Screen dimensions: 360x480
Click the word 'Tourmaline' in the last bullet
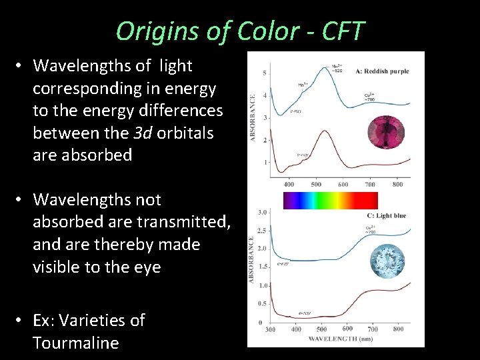click(x=75, y=343)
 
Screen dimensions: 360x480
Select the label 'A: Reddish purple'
click(x=382, y=71)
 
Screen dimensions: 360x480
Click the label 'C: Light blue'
click(x=386, y=215)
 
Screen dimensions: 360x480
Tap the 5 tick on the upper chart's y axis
click(x=265, y=72)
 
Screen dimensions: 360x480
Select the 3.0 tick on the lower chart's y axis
click(x=263, y=212)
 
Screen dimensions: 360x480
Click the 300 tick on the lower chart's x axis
click(x=269, y=329)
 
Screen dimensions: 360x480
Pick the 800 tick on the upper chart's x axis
click(x=397, y=185)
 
